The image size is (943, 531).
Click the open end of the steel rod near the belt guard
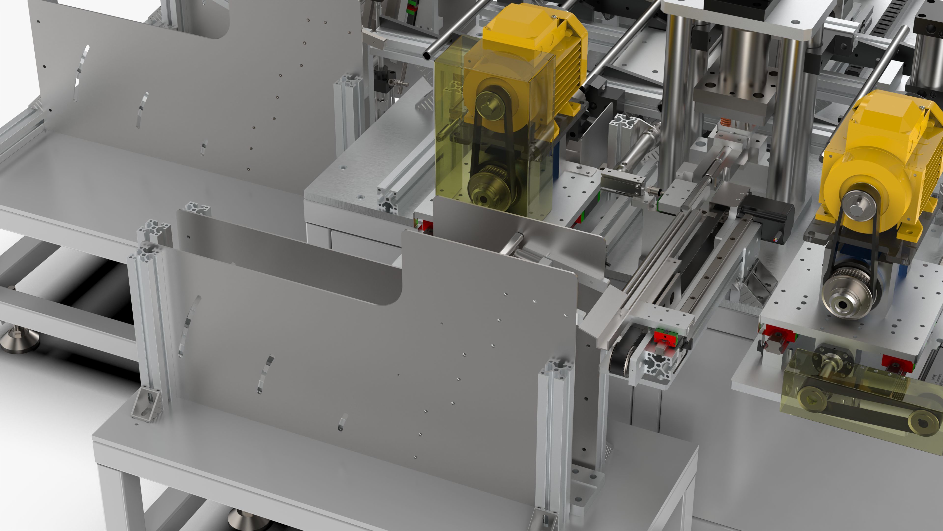click(427, 56)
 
